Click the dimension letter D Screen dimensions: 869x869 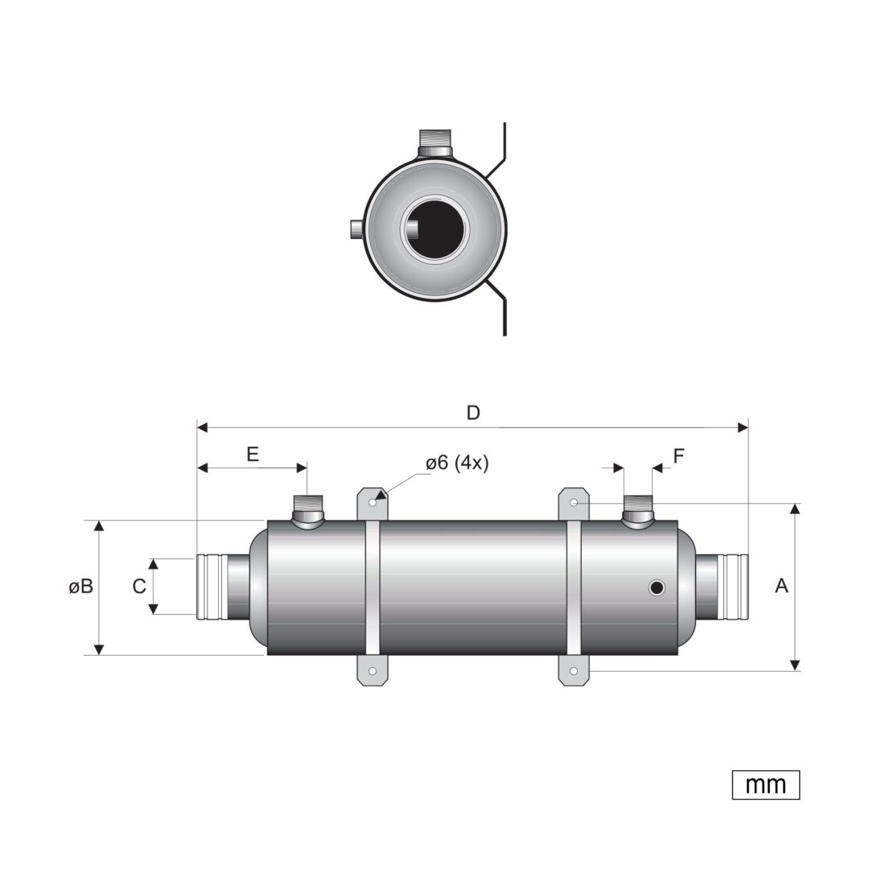pyautogui.click(x=473, y=413)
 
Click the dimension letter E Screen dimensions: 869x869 pyautogui.click(x=253, y=455)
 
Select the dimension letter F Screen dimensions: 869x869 pyautogui.click(x=679, y=456)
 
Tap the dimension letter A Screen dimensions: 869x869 pyautogui.click(x=781, y=586)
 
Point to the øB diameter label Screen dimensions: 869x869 pyautogui.click(x=81, y=587)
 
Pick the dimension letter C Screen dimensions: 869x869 pyautogui.click(x=139, y=587)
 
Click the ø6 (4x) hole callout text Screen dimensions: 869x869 pyautogui.click(x=457, y=463)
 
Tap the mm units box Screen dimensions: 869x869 pyautogui.click(x=766, y=785)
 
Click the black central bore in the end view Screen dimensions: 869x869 pyautogui.click(x=435, y=229)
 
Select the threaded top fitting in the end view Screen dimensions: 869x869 pyautogui.click(x=435, y=143)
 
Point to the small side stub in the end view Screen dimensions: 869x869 pyautogui.click(x=356, y=229)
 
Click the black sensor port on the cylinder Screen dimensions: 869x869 pyautogui.click(x=657, y=587)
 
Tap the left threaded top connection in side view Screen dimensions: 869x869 pyautogui.click(x=308, y=512)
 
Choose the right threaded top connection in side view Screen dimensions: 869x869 pyautogui.click(x=638, y=512)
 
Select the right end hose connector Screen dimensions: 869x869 pyautogui.click(x=722, y=587)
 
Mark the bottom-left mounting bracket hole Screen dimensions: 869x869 pyautogui.click(x=373, y=671)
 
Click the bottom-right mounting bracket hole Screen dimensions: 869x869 pyautogui.click(x=574, y=671)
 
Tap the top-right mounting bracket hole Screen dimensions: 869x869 pyautogui.click(x=575, y=503)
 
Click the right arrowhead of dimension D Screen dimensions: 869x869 pyautogui.click(x=743, y=427)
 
